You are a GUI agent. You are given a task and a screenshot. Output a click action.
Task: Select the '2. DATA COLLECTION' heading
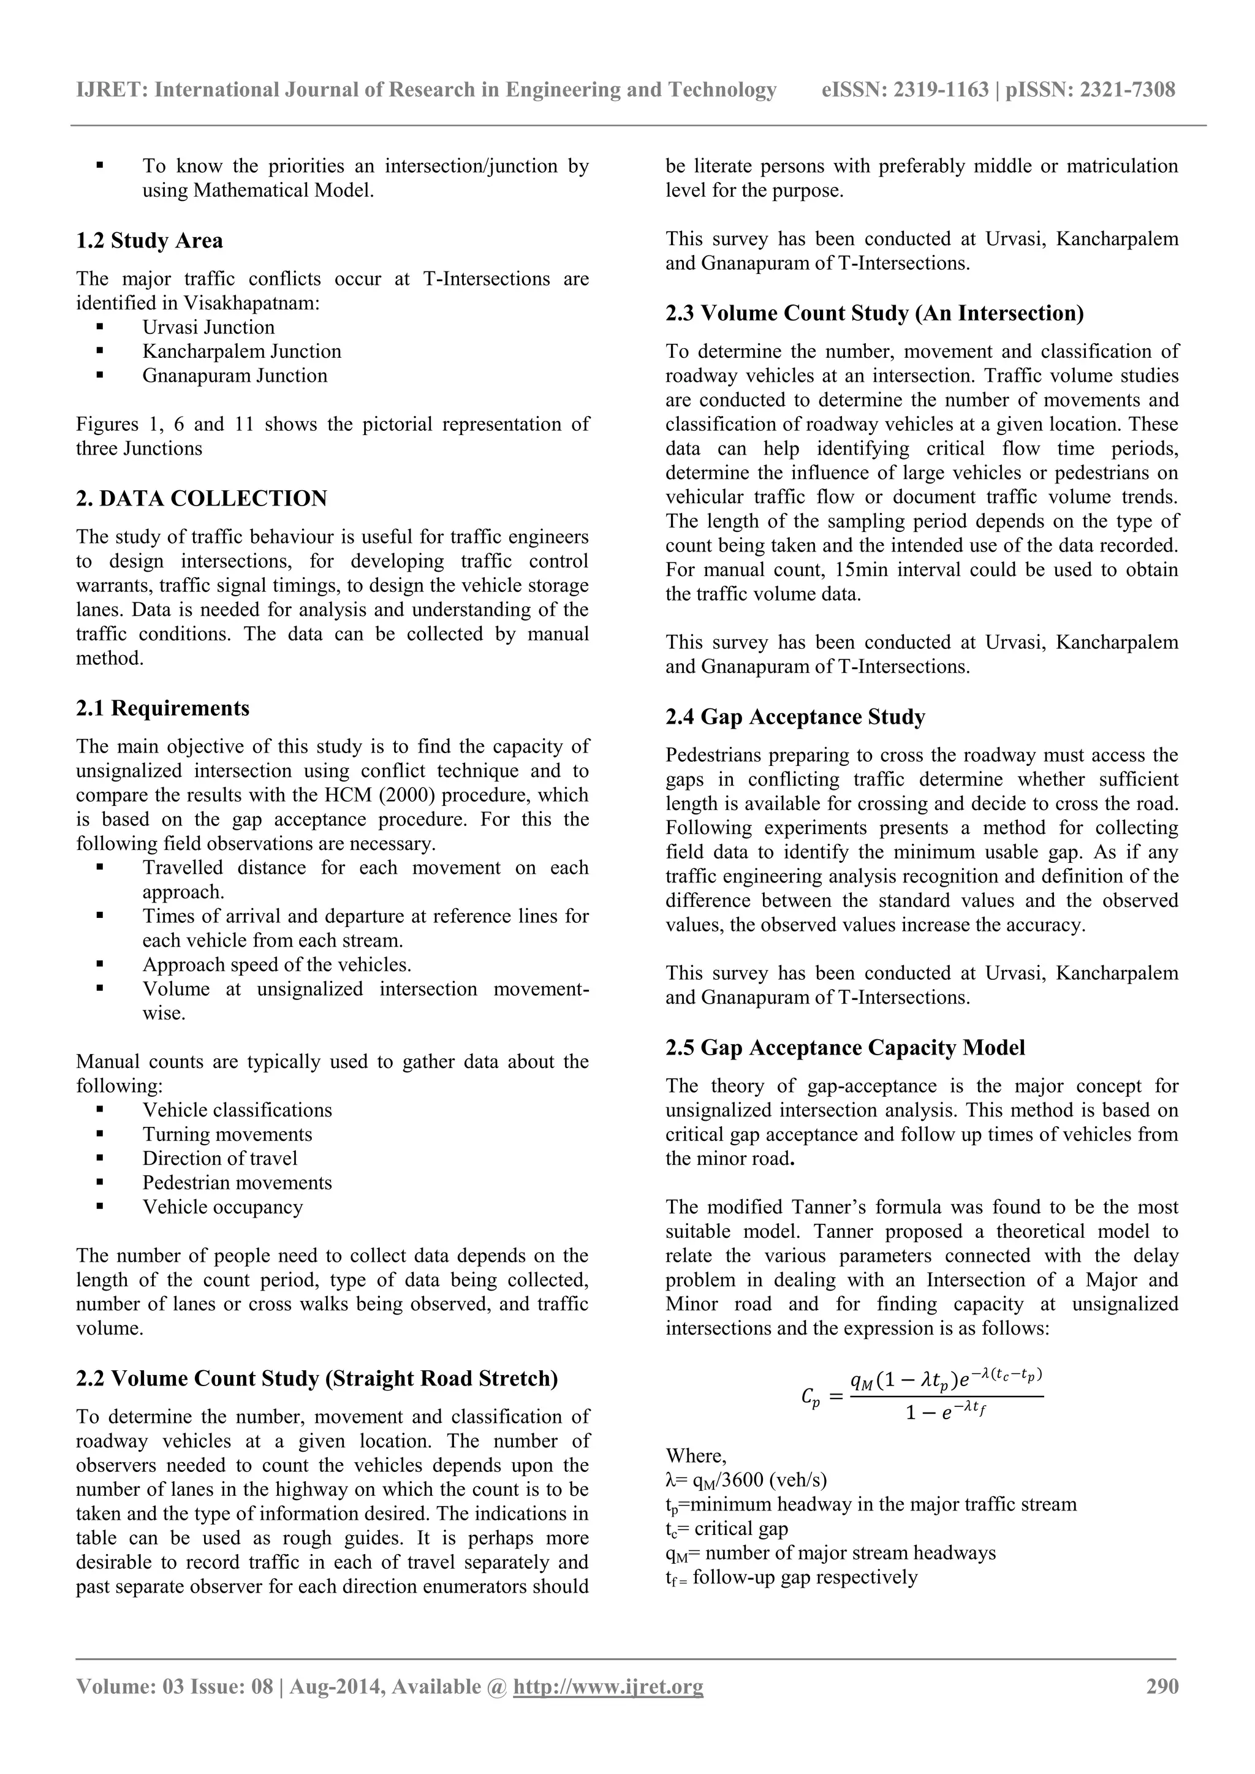(x=201, y=498)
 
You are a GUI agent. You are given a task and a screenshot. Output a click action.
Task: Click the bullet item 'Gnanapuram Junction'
(x=234, y=376)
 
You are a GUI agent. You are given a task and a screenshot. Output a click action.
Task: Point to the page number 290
(x=1161, y=1686)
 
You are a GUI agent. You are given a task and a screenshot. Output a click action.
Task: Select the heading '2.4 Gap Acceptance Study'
(x=795, y=717)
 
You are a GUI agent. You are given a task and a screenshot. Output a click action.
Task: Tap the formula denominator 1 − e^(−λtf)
(x=947, y=1412)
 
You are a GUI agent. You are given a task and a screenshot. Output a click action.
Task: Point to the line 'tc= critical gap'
(x=726, y=1528)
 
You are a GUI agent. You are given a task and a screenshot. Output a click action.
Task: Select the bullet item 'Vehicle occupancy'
(x=222, y=1207)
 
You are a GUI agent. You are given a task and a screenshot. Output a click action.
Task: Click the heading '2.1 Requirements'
(x=162, y=708)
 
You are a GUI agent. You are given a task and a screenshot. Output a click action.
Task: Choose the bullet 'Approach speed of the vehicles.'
(x=276, y=965)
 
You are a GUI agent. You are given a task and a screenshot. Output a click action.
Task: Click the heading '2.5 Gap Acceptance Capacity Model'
(x=846, y=1048)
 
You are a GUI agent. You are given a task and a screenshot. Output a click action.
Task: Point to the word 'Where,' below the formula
(x=696, y=1456)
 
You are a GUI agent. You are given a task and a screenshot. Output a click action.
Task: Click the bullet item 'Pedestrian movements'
(x=237, y=1182)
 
